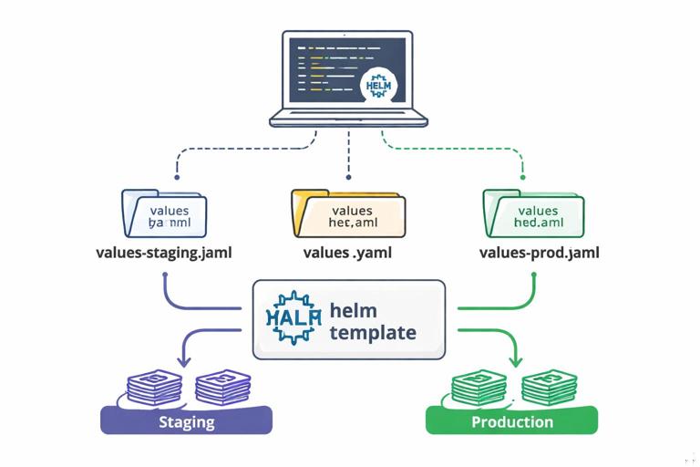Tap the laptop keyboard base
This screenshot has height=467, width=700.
tap(348, 118)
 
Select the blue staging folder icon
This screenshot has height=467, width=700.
tap(164, 213)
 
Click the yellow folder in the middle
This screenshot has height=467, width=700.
tap(346, 213)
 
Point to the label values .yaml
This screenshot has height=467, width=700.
tap(347, 253)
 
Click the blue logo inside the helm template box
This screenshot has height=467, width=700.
tap(293, 317)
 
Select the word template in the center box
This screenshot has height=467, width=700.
tap(373, 333)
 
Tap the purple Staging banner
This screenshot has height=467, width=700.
tap(186, 421)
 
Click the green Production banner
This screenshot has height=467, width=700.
tap(511, 421)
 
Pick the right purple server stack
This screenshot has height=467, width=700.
tap(222, 387)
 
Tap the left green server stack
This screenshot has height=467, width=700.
tap(478, 387)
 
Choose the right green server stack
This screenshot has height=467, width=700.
tap(549, 387)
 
